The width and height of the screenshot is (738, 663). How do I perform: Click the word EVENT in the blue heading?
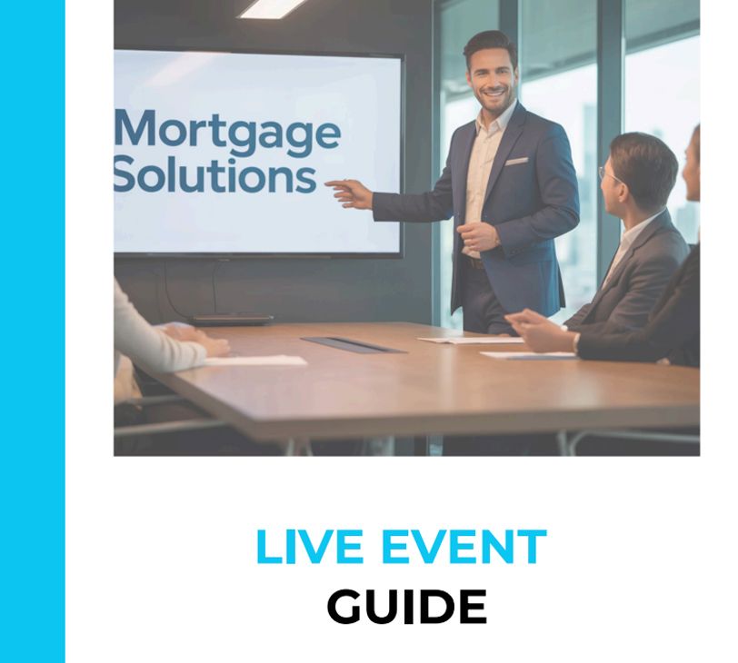pos(464,547)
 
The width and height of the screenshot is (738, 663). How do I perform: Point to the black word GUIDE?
pos(406,607)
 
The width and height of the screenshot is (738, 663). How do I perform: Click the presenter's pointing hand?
pos(349,193)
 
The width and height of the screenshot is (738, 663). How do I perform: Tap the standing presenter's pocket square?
pos(516,162)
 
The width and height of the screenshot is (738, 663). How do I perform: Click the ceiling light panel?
pos(273,8)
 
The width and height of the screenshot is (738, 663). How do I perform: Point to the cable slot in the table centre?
pos(353,344)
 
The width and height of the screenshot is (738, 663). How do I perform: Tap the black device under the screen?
pos(233,320)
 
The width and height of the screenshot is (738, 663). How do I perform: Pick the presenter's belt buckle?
pos(472,262)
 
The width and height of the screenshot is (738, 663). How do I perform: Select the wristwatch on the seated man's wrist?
pos(575,341)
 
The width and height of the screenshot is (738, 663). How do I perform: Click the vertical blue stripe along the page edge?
pos(33,331)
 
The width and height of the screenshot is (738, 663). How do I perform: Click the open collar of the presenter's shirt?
pos(490,124)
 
